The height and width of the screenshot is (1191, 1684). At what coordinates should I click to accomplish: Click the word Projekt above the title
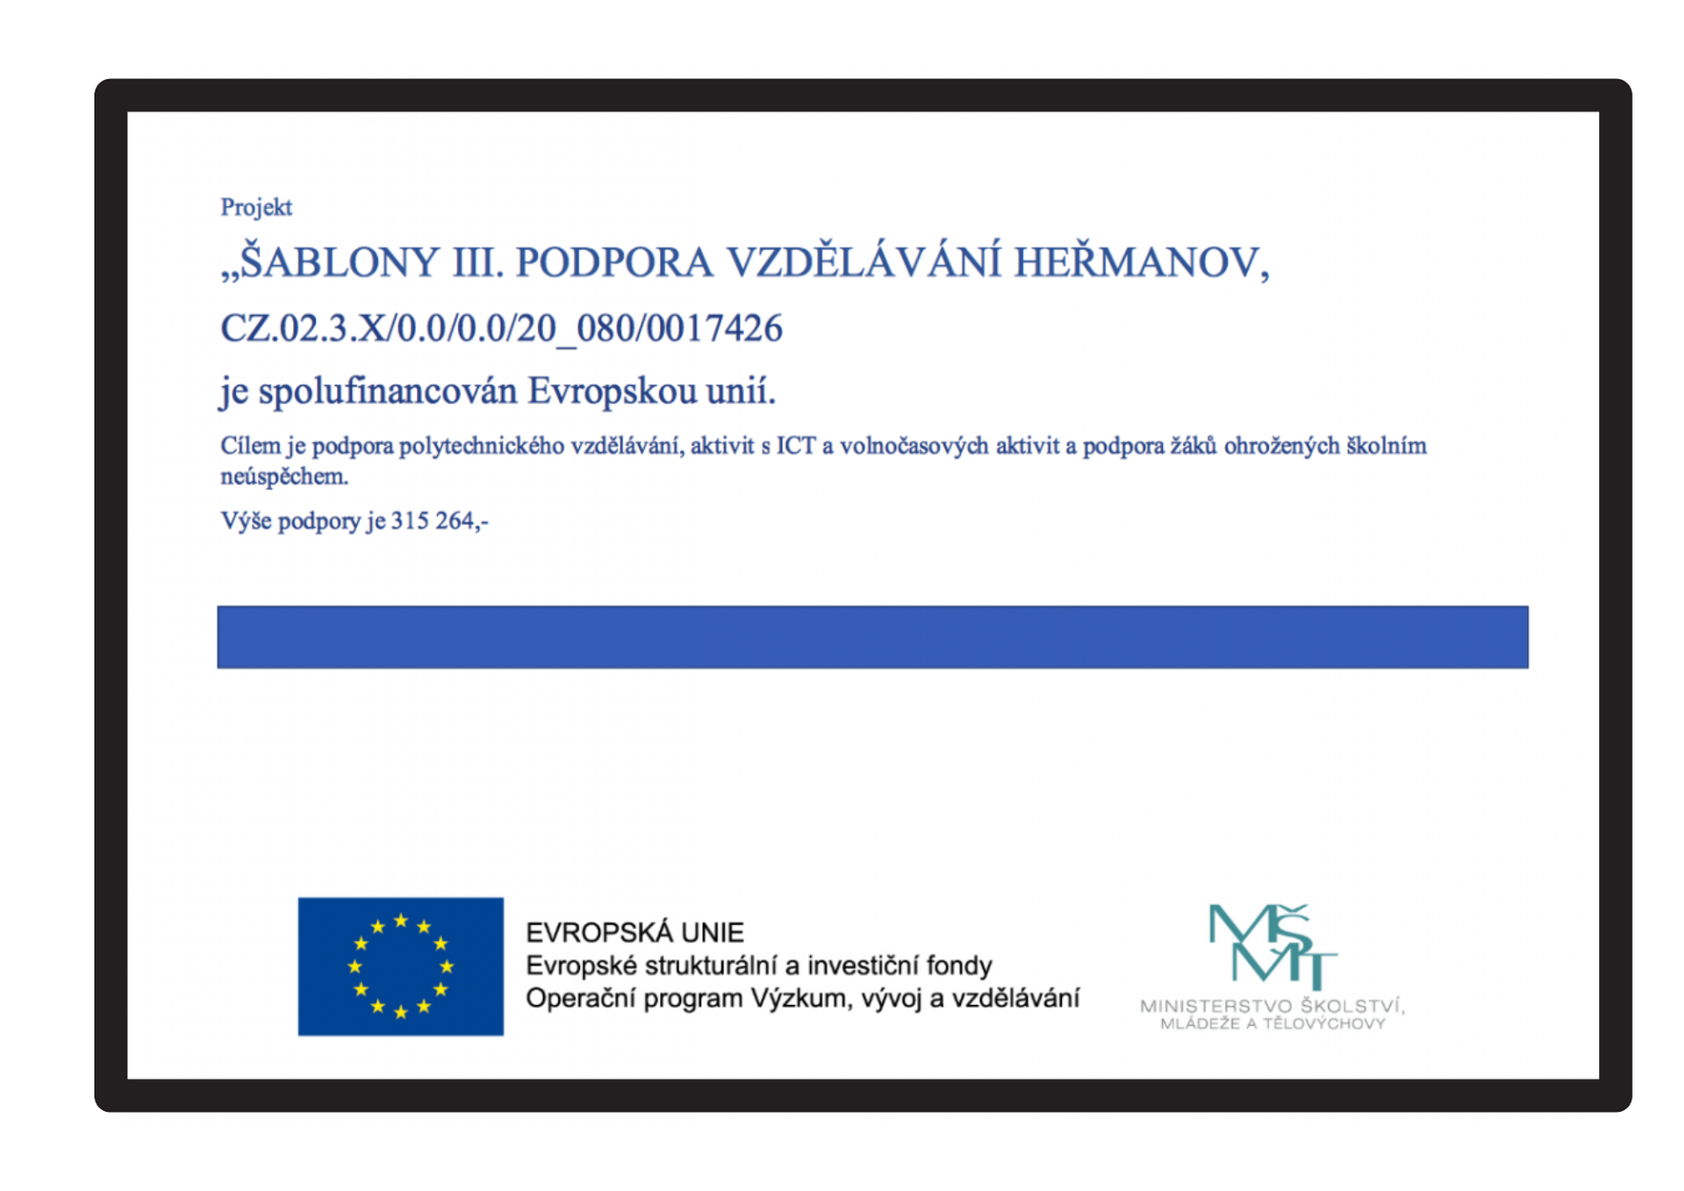pyautogui.click(x=255, y=207)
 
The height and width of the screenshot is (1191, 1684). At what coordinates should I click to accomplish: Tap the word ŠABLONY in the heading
pyautogui.click(x=339, y=262)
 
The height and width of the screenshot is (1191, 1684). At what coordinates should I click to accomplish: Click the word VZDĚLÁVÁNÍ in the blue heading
pyautogui.click(x=863, y=262)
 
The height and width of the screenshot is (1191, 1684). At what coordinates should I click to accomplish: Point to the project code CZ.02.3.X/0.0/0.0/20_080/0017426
pyautogui.click(x=501, y=328)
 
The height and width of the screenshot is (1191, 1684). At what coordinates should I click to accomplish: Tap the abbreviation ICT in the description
pyautogui.click(x=796, y=446)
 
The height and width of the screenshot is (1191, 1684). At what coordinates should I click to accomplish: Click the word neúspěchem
pyautogui.click(x=283, y=477)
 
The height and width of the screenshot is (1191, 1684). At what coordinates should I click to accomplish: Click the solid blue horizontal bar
pyautogui.click(x=872, y=636)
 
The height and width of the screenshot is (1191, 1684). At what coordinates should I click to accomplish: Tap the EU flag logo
pyautogui.click(x=400, y=965)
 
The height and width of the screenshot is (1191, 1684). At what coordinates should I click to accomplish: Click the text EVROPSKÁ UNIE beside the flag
pyautogui.click(x=634, y=932)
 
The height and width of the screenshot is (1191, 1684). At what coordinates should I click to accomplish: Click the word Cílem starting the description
pyautogui.click(x=250, y=446)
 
